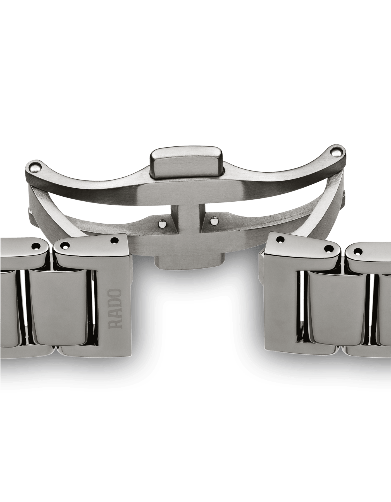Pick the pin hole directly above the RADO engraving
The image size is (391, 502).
[x=114, y=240]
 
